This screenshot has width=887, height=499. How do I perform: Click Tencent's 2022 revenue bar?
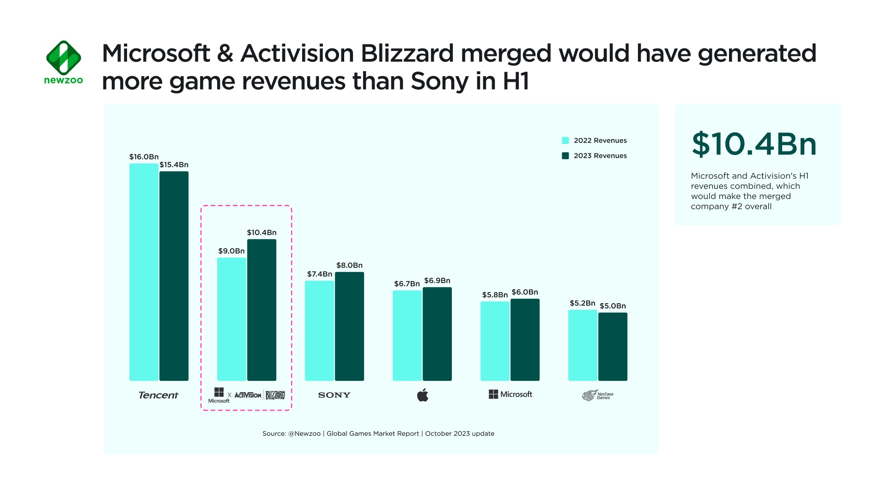tap(144, 272)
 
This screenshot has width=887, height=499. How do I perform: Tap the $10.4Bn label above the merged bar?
tap(261, 233)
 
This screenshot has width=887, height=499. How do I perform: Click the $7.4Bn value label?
tap(320, 274)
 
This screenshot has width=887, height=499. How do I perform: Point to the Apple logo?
tap(423, 395)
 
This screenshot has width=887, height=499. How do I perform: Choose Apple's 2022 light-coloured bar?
tap(407, 336)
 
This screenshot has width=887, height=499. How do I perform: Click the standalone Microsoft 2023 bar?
tap(525, 340)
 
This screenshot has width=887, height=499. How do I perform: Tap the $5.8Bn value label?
tap(495, 295)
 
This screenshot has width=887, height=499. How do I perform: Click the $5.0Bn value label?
tap(613, 306)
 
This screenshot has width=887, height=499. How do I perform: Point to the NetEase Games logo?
tap(598, 396)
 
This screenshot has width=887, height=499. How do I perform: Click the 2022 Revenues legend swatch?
tap(565, 141)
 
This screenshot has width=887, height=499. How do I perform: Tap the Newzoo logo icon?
tap(64, 58)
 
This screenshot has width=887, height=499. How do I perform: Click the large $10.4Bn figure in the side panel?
tap(754, 144)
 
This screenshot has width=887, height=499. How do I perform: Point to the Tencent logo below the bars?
tap(158, 395)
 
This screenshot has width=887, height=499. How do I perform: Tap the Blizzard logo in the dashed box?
tap(275, 395)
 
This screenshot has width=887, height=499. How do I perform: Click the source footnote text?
tap(378, 434)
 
